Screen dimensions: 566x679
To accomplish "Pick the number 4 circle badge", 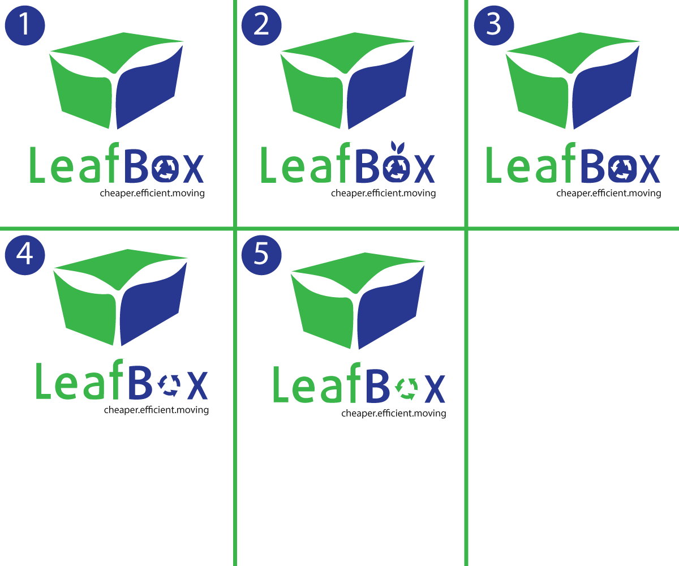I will (25, 255).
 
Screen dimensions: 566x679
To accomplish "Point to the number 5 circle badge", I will (261, 255).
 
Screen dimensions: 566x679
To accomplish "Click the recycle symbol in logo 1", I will (166, 169).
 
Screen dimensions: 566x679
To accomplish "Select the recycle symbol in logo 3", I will (623, 169).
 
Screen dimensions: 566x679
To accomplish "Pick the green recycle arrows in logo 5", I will (407, 389).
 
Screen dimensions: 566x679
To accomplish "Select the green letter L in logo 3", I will (493, 165).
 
